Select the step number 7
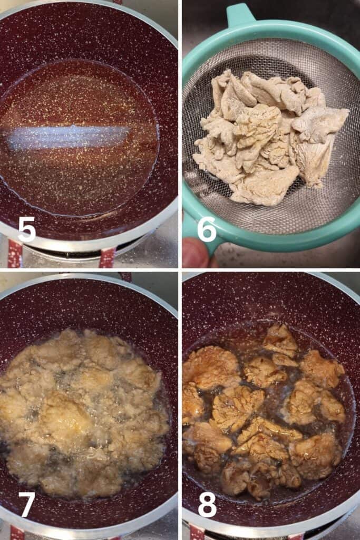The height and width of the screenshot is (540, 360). (27, 504)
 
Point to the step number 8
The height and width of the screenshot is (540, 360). (207, 504)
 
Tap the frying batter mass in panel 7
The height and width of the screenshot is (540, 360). (83, 413)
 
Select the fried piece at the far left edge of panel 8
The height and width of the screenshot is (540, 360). (191, 402)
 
